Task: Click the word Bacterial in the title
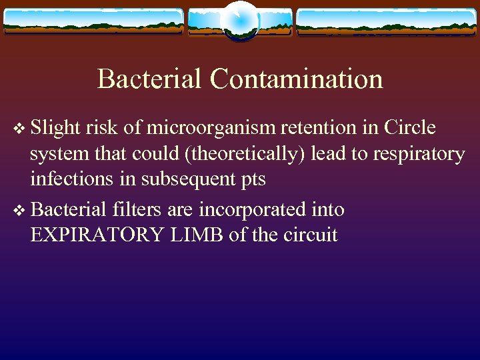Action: [x=150, y=79]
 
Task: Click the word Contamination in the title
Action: [x=296, y=79]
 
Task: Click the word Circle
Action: [x=410, y=127]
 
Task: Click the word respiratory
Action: [x=418, y=154]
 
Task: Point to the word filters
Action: [x=137, y=209]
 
